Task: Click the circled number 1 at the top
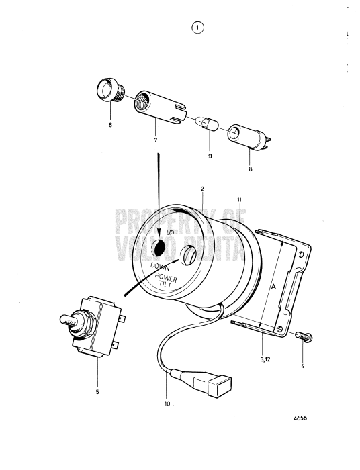click(x=196, y=28)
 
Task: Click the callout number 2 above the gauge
click(x=201, y=189)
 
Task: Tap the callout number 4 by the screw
click(x=303, y=366)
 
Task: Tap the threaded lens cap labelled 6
click(x=106, y=89)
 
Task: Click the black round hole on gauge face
click(x=159, y=248)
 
